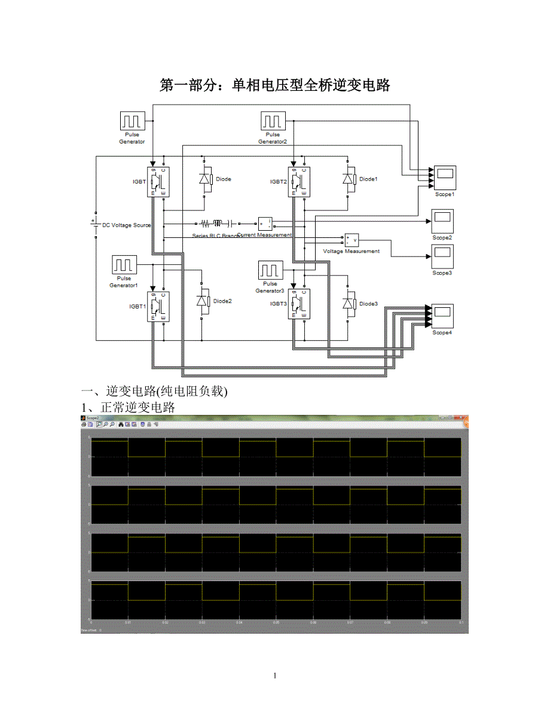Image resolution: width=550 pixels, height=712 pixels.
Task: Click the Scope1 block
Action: [x=445, y=178]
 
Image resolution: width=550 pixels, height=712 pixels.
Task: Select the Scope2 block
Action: [x=442, y=221]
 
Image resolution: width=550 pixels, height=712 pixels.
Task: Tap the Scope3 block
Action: [x=442, y=256]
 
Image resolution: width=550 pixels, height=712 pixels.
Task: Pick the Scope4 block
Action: [x=442, y=315]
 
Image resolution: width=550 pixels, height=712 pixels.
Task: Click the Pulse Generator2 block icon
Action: [x=273, y=121]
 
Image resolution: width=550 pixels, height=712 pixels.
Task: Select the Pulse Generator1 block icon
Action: [x=124, y=264]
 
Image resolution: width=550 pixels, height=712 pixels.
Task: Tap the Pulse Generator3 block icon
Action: [x=270, y=270]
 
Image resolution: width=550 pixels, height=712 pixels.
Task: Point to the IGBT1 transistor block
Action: [x=159, y=307]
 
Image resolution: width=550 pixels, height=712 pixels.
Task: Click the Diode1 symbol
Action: [x=349, y=179]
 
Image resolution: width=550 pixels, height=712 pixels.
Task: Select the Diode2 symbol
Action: [x=203, y=301]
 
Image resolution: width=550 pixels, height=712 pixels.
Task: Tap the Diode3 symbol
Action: [x=349, y=304]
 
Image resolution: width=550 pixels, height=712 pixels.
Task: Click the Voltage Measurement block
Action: [x=350, y=240]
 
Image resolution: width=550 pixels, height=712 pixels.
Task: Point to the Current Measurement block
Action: [x=265, y=224]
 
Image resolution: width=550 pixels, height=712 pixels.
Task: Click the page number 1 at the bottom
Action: [x=274, y=676]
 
